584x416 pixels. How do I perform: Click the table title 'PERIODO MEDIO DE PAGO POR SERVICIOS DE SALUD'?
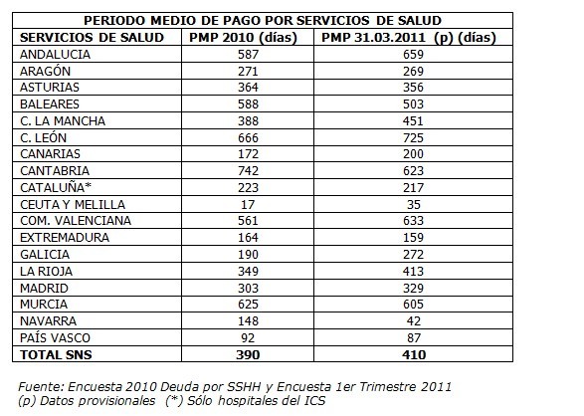(263, 21)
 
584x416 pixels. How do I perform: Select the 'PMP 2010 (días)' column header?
(243, 38)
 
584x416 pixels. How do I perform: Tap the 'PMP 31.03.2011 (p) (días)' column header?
(409, 38)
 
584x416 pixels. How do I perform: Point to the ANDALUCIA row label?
(55, 55)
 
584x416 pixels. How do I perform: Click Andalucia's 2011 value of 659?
(414, 55)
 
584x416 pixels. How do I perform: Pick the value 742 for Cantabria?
(248, 171)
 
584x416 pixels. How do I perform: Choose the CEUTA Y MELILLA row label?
(73, 204)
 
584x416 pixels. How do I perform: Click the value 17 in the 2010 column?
(248, 204)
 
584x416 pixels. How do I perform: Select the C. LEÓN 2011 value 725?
(414, 138)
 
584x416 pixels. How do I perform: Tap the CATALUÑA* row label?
(56, 187)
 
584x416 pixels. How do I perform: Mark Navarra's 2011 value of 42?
(414, 321)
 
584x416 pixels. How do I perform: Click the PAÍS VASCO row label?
(55, 337)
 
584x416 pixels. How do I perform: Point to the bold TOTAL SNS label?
(56, 355)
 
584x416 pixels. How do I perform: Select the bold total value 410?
(414, 355)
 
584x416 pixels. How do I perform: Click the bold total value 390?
(248, 355)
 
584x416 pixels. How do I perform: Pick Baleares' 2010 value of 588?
(248, 104)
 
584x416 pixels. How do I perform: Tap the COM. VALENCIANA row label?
(76, 221)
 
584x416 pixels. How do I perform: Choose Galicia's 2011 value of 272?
(414, 255)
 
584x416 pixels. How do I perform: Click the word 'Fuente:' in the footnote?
(41, 386)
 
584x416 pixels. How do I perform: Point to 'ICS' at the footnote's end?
(315, 401)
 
